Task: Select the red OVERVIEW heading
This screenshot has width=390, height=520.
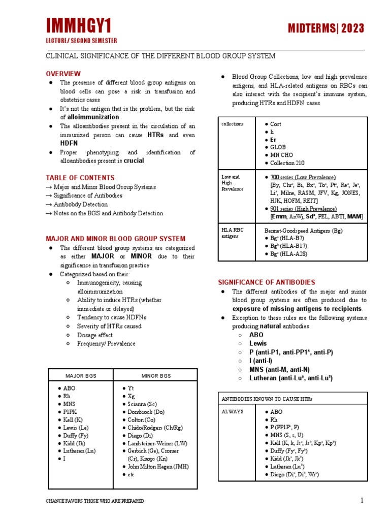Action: click(63, 74)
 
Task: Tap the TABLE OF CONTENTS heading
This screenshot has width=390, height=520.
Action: click(80, 178)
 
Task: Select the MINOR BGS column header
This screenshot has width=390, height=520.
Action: click(156, 376)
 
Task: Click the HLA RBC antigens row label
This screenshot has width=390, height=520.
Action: click(233, 233)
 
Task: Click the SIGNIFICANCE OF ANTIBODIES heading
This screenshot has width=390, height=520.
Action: click(267, 282)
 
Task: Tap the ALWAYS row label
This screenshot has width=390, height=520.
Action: click(233, 411)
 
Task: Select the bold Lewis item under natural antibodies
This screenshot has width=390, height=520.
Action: click(258, 344)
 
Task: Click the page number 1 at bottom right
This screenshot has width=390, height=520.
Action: click(362, 501)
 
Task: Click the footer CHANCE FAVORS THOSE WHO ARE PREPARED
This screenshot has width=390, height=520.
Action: click(94, 501)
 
